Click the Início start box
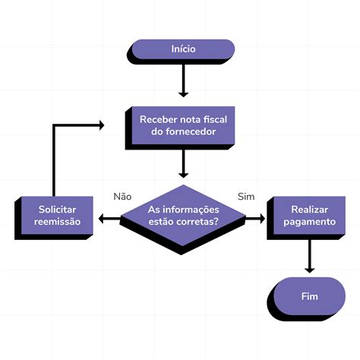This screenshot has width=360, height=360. (x=183, y=49)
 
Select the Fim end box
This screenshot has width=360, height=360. (x=308, y=295)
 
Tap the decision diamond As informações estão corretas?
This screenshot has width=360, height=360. (x=182, y=216)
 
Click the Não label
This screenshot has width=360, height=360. (x=122, y=196)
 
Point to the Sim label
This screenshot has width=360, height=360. (x=245, y=196)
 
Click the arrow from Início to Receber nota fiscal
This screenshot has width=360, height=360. (x=183, y=80)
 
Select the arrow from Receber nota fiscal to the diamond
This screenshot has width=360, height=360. (x=183, y=163)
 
